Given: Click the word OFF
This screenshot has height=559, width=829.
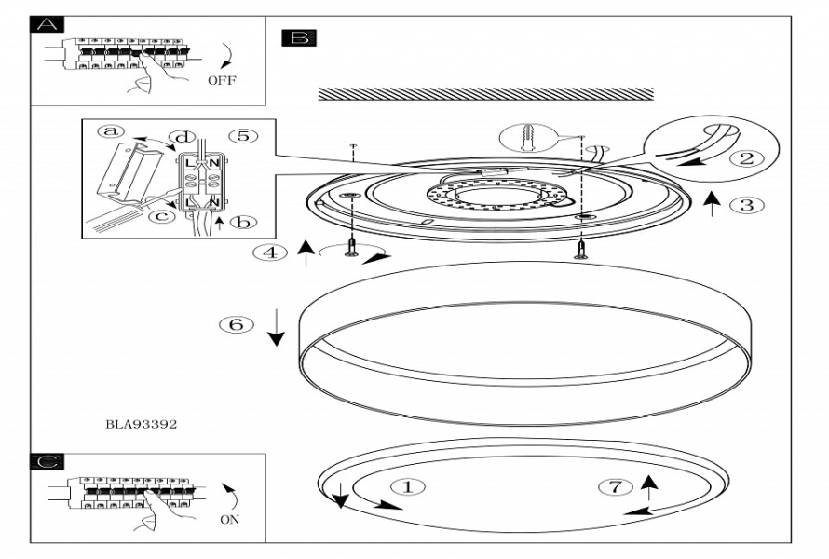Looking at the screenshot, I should pyautogui.click(x=222, y=80).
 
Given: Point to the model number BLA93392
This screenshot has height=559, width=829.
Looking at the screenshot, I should pyautogui.click(x=142, y=423).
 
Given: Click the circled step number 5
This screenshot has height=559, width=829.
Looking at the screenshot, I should pyautogui.click(x=241, y=136).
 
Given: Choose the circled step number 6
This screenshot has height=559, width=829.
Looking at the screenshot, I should pyautogui.click(x=237, y=325).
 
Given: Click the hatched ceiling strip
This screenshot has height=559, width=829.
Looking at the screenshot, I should pyautogui.click(x=484, y=94).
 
